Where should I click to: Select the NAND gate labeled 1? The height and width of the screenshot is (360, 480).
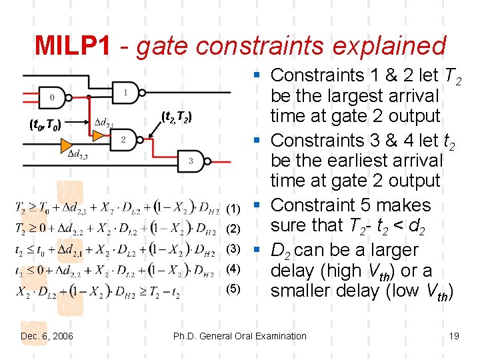click(x=127, y=91)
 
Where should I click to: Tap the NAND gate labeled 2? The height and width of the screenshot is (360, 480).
click(x=125, y=140)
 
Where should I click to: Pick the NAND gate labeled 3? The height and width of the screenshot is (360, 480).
click(x=193, y=161)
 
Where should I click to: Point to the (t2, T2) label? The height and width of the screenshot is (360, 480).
click(x=177, y=117)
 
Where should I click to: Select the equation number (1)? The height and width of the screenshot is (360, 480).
click(x=233, y=209)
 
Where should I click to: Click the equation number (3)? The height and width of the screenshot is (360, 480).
click(x=233, y=249)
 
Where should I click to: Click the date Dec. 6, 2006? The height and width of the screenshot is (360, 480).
click(x=47, y=335)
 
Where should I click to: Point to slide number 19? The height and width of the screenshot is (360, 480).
click(x=454, y=335)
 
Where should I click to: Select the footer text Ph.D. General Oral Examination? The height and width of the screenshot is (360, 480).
click(x=239, y=335)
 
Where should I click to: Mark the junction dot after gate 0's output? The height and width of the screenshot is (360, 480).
click(x=89, y=97)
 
